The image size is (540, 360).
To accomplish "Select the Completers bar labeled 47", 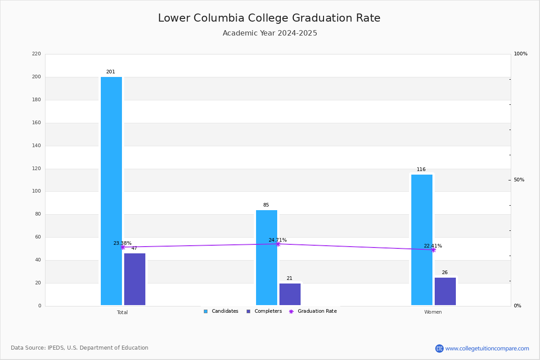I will coord(135,279).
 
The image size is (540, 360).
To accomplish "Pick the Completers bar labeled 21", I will coord(290,294).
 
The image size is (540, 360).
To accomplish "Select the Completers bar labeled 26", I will coord(445,291).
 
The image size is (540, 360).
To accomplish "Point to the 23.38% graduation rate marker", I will coord(122,247).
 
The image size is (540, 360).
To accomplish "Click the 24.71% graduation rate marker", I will coord(278,244).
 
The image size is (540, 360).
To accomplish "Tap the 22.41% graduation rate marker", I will coord(433,250).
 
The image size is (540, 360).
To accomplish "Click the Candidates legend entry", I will coord(221,311).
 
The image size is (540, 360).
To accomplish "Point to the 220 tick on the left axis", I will coord(36,54).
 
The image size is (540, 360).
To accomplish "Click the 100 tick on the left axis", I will coord(36,191).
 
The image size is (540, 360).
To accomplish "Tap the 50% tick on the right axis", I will coord(519,180).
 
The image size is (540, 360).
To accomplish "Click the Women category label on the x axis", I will coord(433,312).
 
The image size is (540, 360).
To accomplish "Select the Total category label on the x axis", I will coord(122,312).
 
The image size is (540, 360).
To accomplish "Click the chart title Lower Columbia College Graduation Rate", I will coord(269,18).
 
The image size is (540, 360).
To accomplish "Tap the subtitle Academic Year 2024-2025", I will coord(270,33).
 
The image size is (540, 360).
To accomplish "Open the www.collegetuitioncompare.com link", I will coord(487,348).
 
